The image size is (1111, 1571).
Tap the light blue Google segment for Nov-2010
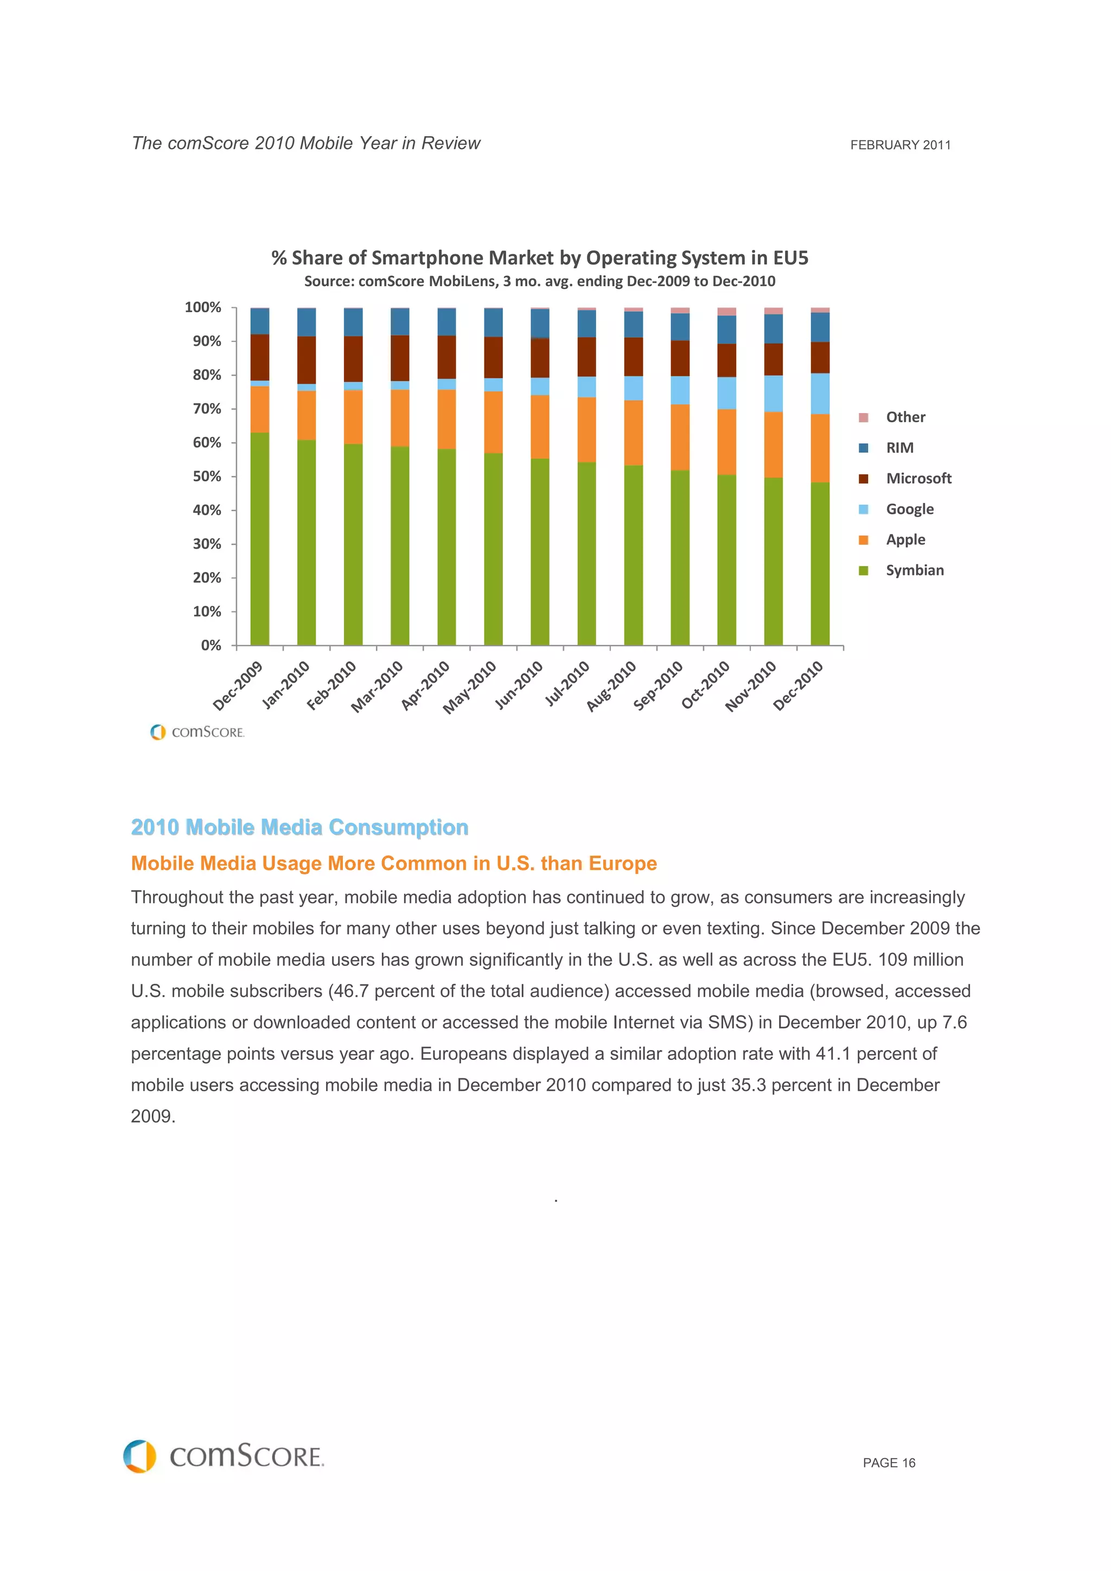tap(773, 394)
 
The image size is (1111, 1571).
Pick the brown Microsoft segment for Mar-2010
tap(400, 358)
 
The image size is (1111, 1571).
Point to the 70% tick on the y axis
tap(233, 409)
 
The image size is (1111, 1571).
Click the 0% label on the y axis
tap(211, 645)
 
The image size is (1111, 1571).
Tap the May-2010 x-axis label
tap(470, 686)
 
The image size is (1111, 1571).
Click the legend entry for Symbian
tap(914, 570)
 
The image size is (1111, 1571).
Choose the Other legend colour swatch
tap(863, 417)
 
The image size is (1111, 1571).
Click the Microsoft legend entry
tap(918, 478)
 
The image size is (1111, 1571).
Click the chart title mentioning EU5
tap(539, 258)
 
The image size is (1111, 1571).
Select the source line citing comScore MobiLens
tap(539, 281)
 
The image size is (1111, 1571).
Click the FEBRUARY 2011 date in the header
tap(899, 145)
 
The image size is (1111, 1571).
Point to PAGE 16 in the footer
tap(889, 1463)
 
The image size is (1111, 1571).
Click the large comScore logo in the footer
tap(224, 1456)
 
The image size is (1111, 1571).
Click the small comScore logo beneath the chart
tap(197, 732)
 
